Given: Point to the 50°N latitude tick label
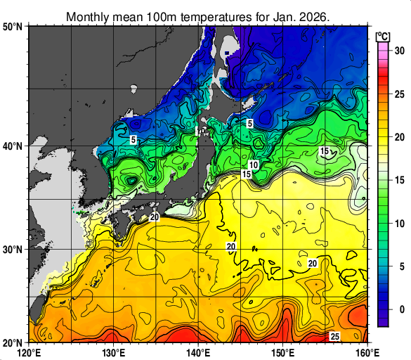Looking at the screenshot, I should click(13, 27).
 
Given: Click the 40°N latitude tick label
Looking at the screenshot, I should click(13, 146).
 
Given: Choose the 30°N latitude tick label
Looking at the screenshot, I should click(13, 250).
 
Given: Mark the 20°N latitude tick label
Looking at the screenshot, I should click(13, 342).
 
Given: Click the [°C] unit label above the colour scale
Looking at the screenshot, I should click(383, 36).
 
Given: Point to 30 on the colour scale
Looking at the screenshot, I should click(398, 51).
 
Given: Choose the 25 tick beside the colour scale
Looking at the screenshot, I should click(398, 94).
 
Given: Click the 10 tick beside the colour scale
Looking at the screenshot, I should click(398, 223).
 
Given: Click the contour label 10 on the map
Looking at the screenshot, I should click(254, 165).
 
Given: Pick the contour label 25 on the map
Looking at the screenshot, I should click(335, 337).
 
